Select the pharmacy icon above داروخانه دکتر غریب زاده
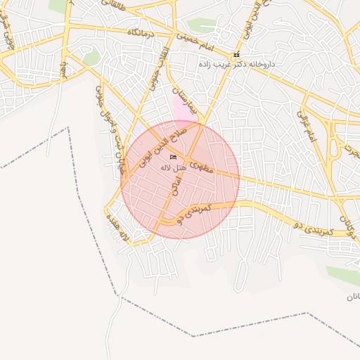(236, 54)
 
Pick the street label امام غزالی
(308, 127)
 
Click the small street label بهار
(63, 70)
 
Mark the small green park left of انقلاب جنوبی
(91, 58)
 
